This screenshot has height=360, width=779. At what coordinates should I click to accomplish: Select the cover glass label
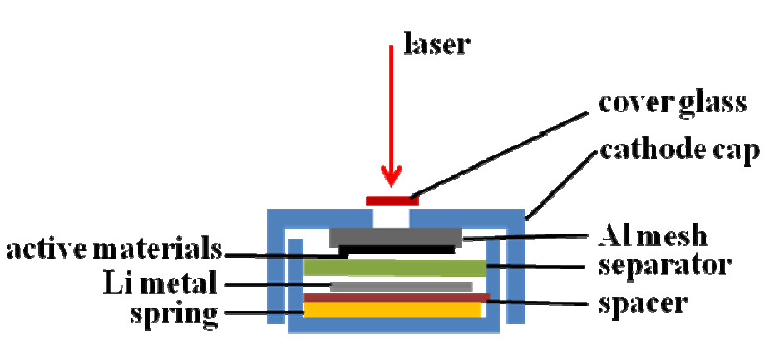pos(673,103)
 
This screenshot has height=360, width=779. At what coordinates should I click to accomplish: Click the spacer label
pos(643,302)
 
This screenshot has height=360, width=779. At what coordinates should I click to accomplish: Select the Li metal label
pos(155,284)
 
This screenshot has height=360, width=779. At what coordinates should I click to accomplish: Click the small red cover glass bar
pos(392,200)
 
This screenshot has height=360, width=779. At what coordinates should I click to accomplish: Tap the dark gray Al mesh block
pos(395,235)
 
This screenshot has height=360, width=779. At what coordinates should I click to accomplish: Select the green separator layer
pos(395,268)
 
